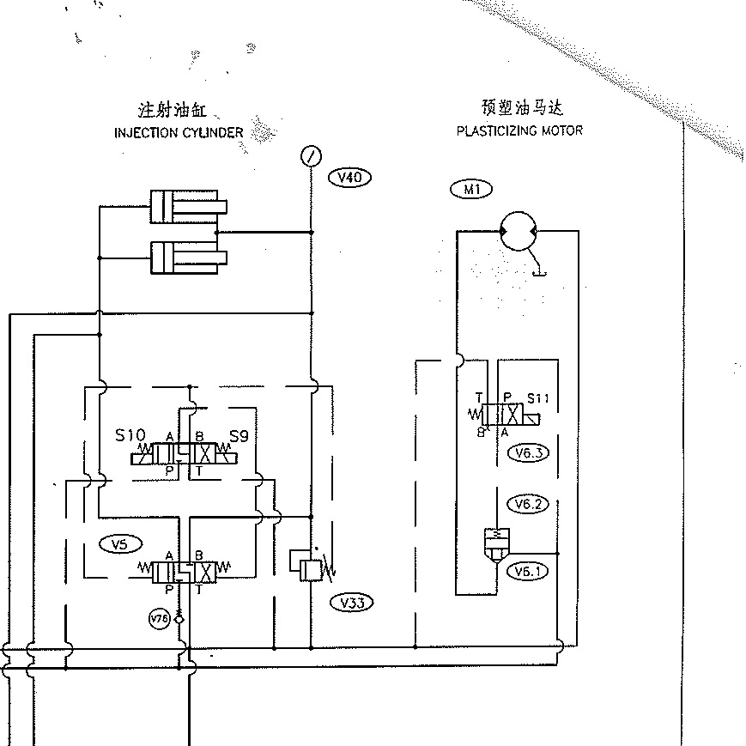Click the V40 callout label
[x=350, y=178]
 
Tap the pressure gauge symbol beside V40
[x=311, y=156]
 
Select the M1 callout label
[x=470, y=190]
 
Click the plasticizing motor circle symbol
[x=518, y=230]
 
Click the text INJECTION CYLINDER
[x=179, y=133]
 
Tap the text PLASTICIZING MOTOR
[x=519, y=130]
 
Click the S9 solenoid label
[x=239, y=436]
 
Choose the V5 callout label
[x=119, y=543]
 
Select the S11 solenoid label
[x=537, y=398]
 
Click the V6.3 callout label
[x=528, y=454]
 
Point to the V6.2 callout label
[x=528, y=504]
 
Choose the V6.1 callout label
[x=528, y=570]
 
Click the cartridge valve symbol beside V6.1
[x=494, y=546]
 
